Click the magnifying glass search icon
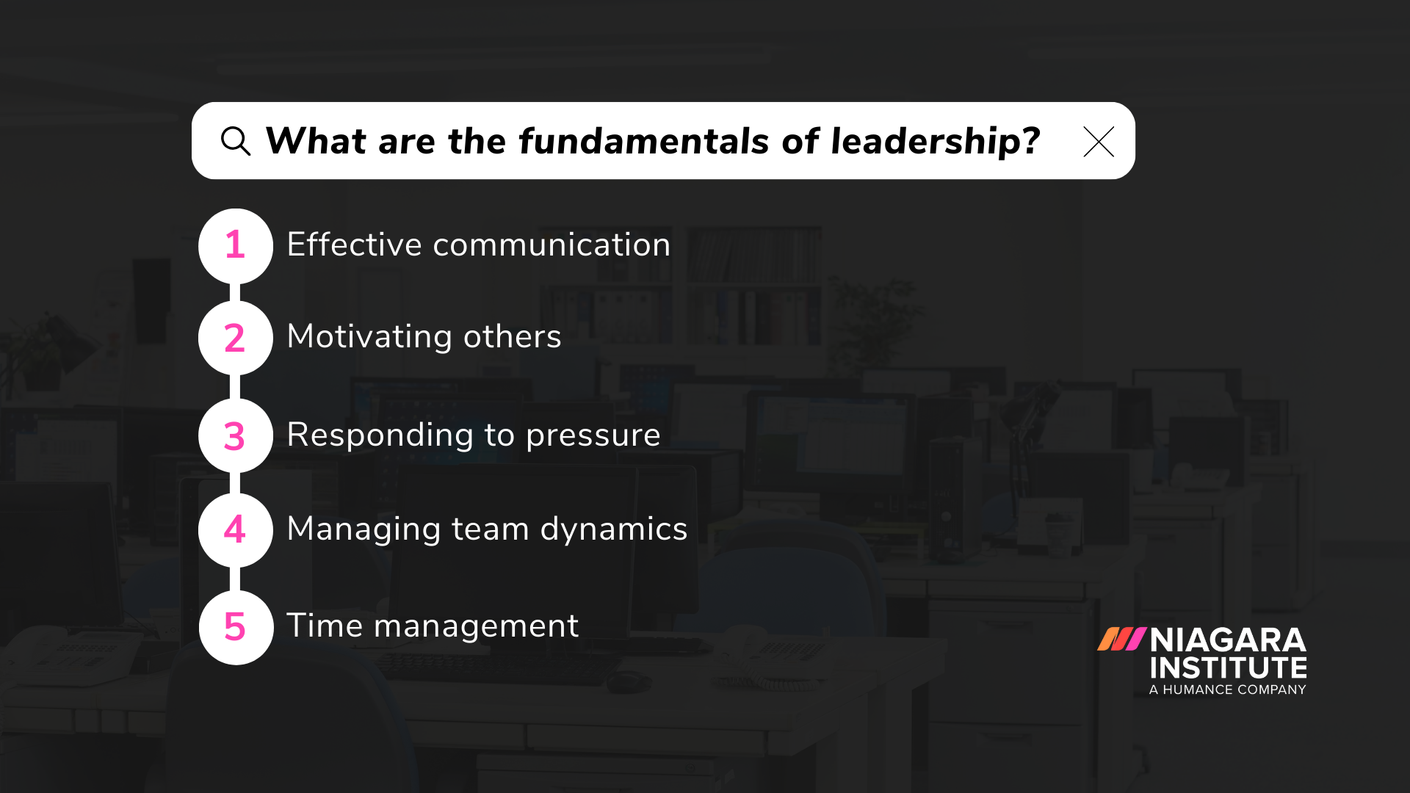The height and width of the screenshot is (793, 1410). coord(235,141)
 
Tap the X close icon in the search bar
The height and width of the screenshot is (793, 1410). coord(1099,142)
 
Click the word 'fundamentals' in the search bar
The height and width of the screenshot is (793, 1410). coord(646,141)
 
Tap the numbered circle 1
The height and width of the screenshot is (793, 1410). coord(235,245)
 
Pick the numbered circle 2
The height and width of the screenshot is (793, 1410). coord(235,338)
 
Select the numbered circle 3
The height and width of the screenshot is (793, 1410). coord(235,435)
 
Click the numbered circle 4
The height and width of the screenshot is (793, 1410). coord(235,529)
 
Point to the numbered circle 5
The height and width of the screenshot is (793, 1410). coord(235,627)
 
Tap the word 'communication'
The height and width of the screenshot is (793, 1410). coord(552,245)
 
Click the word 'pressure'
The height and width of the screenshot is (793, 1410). coord(593,435)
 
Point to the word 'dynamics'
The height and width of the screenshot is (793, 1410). coord(614,529)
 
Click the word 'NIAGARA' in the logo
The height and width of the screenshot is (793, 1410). coord(1228,640)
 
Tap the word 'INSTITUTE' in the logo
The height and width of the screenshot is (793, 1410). coord(1228,668)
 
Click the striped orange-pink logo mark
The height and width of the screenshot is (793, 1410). coord(1121,639)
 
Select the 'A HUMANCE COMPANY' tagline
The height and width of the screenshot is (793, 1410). coord(1228,689)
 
